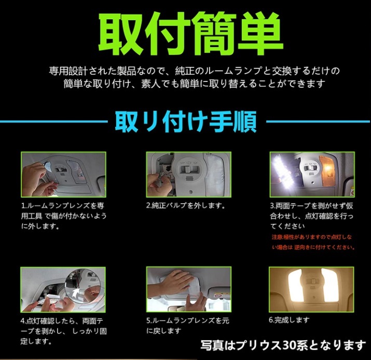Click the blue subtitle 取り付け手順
coord(185,122)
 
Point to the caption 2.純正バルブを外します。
coord(186,205)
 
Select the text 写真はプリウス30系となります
coord(283,344)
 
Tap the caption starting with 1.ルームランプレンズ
coord(63,216)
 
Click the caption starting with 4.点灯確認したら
coord(63,331)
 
